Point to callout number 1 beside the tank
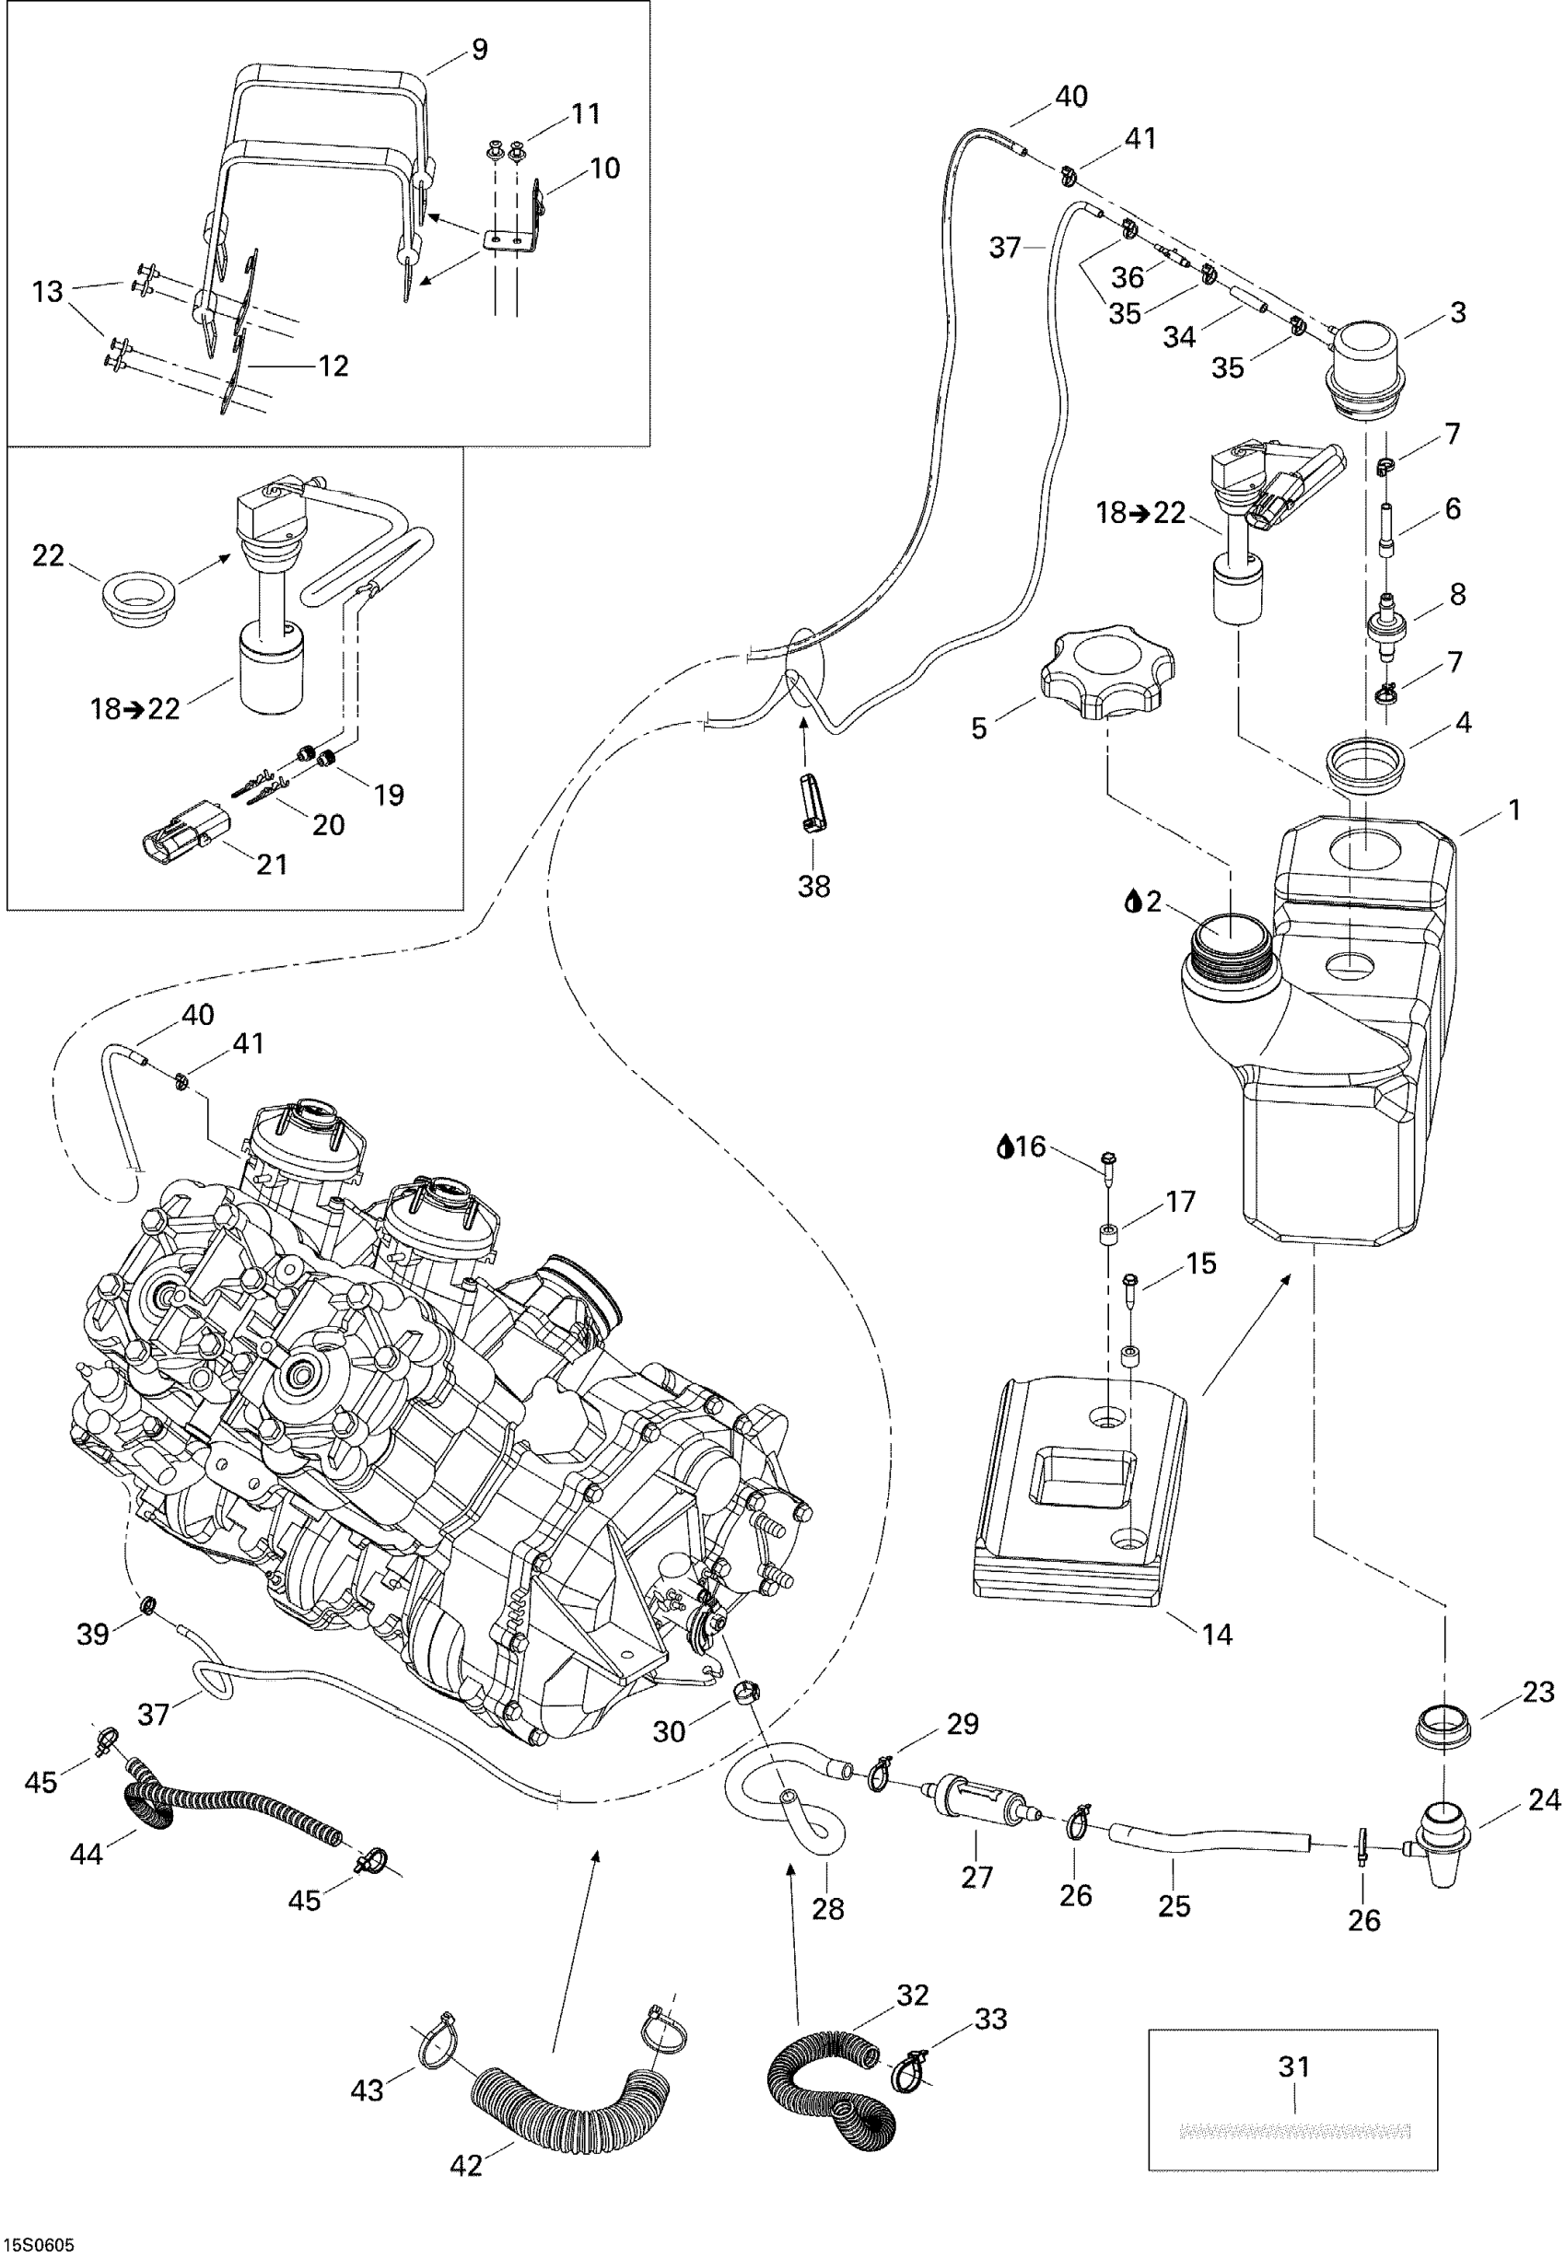(x=1514, y=810)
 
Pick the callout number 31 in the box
(x=1294, y=2066)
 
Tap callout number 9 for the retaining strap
(x=480, y=49)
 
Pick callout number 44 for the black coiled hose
(x=87, y=1854)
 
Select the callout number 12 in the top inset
(x=333, y=366)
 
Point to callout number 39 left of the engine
(x=93, y=1635)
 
